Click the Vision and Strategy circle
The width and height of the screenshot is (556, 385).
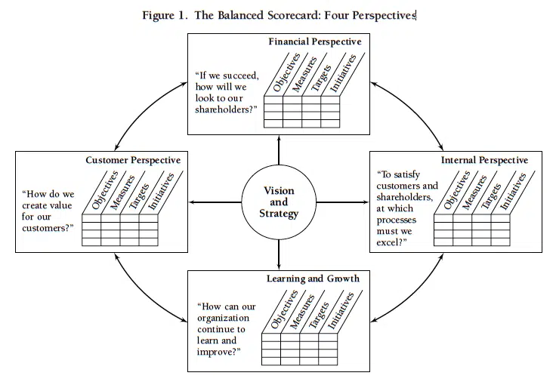point(279,202)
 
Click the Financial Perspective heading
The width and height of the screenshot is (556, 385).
point(315,42)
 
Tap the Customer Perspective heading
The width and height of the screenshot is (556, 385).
point(133,160)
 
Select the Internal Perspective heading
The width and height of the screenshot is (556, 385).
point(484,160)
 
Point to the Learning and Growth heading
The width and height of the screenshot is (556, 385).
point(312,279)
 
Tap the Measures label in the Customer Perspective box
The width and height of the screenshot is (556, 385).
point(123,193)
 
